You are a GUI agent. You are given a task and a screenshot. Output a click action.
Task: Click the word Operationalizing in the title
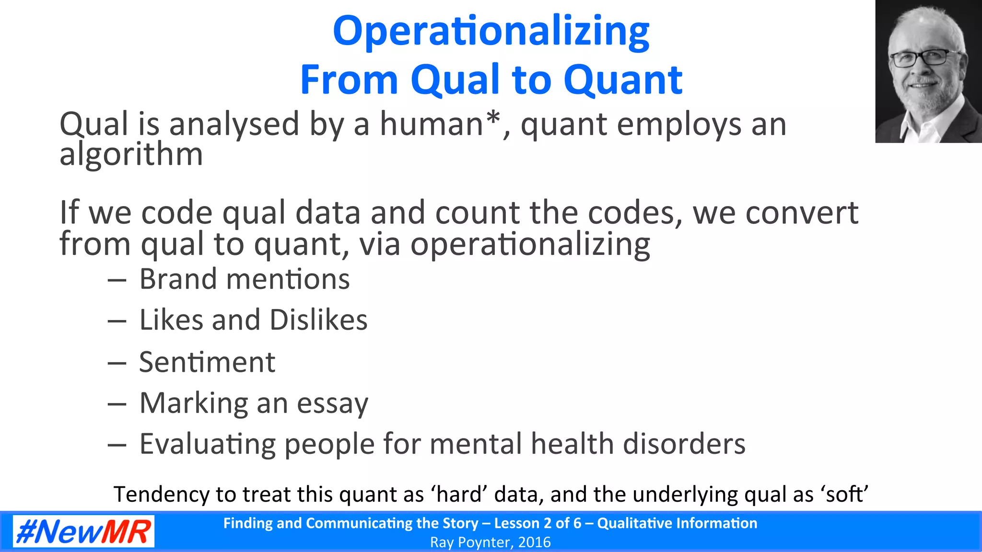click(x=491, y=32)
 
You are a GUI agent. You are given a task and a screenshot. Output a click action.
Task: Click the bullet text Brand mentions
click(x=244, y=279)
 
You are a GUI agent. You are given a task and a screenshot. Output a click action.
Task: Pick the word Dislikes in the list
click(x=318, y=320)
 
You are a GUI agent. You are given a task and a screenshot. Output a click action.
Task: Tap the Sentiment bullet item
click(x=207, y=362)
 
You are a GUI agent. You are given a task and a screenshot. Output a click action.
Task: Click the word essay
click(x=332, y=403)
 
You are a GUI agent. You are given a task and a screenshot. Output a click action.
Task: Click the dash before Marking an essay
click(x=117, y=404)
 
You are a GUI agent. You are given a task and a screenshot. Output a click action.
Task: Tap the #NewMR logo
click(x=83, y=531)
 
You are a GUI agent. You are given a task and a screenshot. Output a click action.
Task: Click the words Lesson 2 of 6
click(x=537, y=523)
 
